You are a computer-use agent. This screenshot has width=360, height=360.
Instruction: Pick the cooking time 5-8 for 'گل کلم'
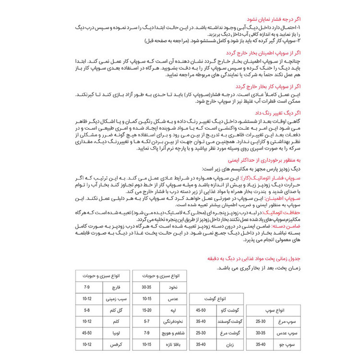pyautogui.click(x=87, y=310)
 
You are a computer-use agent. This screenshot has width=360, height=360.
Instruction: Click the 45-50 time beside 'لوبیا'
pyautogui.click(x=87, y=333)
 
